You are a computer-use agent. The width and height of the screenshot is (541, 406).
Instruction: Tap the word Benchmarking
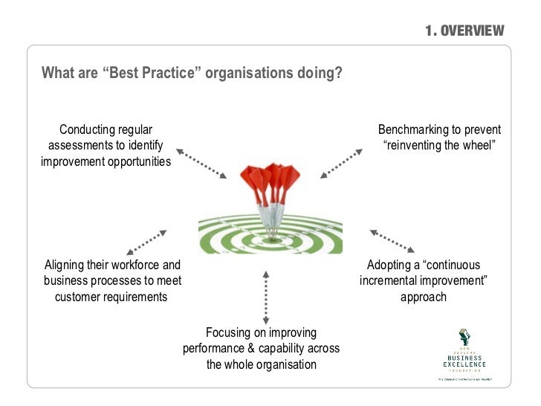(413, 129)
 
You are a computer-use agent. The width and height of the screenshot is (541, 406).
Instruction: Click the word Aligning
(66, 265)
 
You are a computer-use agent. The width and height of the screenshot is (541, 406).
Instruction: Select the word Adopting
(392, 265)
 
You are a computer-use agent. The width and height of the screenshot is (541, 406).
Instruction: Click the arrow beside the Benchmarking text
(341, 163)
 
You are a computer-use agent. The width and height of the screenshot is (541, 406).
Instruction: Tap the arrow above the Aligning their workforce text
(146, 242)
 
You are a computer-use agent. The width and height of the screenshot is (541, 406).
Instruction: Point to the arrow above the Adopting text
(392, 241)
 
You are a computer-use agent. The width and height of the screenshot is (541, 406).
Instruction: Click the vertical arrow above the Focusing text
(265, 296)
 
